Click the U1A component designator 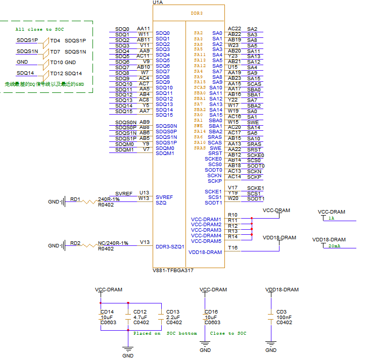pyautogui.click(x=158, y=3)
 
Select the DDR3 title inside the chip pyautogui.click(x=197, y=13)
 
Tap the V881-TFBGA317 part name pyautogui.click(x=173, y=271)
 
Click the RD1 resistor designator pyautogui.click(x=75, y=199)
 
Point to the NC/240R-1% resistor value pyautogui.click(x=113, y=243)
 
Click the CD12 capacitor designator pyautogui.click(x=140, y=312)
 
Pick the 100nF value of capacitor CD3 pyautogui.click(x=284, y=317)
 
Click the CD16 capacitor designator pyautogui.click(x=211, y=312)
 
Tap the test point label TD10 pyautogui.click(x=56, y=62)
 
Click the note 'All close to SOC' pyautogui.click(x=40, y=29)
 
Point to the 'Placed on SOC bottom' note pyautogui.click(x=165, y=333)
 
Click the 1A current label pyautogui.click(x=331, y=218)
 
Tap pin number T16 pyautogui.click(x=232, y=247)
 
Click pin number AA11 pyautogui.click(x=144, y=29)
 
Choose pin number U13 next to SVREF pyautogui.click(x=145, y=192)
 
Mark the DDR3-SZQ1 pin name pyautogui.click(x=170, y=247)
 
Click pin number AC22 pyautogui.click(x=235, y=29)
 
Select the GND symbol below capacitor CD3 pyautogui.click(x=271, y=349)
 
